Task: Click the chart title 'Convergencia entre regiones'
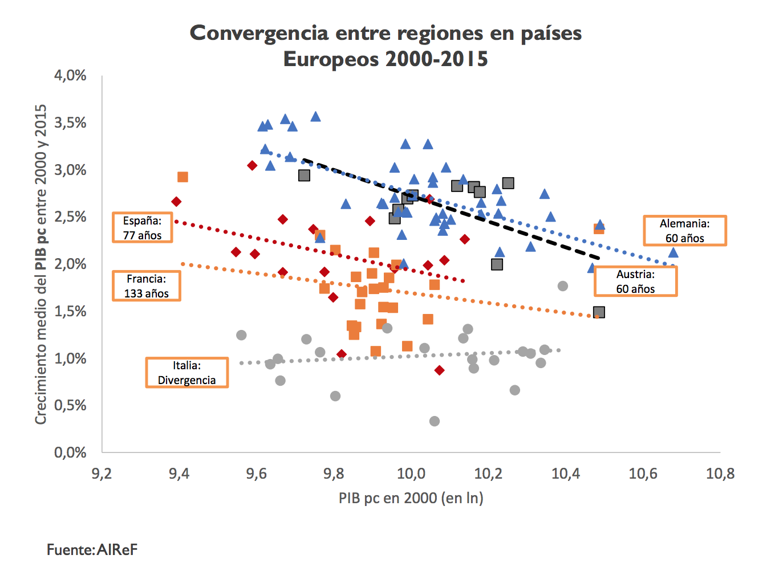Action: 386,46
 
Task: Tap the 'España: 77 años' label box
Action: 143,228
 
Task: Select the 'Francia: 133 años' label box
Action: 147,286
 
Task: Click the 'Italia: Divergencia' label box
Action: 186,373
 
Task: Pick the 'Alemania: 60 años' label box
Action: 684,231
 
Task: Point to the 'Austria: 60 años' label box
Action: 635,281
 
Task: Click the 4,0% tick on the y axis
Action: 70,76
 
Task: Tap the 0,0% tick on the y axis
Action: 70,452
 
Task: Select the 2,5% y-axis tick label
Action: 70,217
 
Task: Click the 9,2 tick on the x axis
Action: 102,474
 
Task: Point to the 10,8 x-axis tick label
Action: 720,474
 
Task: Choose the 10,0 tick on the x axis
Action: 411,474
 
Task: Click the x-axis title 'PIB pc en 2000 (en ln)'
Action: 411,498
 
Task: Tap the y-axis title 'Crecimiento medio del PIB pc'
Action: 41,264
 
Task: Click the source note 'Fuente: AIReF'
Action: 92,549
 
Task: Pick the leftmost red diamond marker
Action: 176,202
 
